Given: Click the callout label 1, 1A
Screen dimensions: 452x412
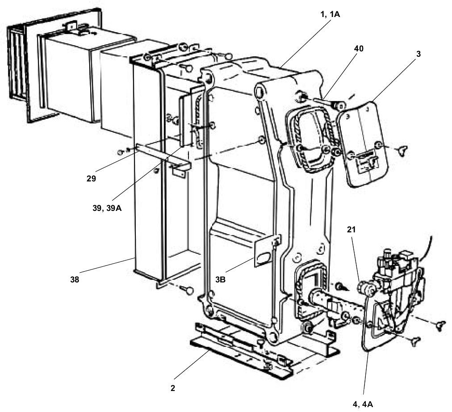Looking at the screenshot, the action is coord(330,14).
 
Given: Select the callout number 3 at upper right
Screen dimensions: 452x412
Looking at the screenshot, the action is coord(419,54).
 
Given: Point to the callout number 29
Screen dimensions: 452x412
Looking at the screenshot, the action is coord(91,178).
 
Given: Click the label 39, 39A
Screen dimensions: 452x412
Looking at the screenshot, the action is coord(107,208).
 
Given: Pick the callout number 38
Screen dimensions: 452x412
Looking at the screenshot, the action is coord(75,279).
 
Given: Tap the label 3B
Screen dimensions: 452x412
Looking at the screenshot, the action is coord(221,279).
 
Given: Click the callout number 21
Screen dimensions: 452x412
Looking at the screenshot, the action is coord(352,230).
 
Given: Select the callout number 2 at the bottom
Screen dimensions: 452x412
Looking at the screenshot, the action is coord(173,388).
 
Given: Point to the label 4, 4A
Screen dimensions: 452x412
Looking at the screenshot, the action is coord(363,404).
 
